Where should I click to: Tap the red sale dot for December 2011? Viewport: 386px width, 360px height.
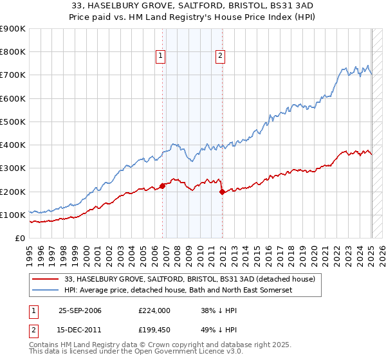coord(222,192)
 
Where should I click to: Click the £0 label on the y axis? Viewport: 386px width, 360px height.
coord(20,239)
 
